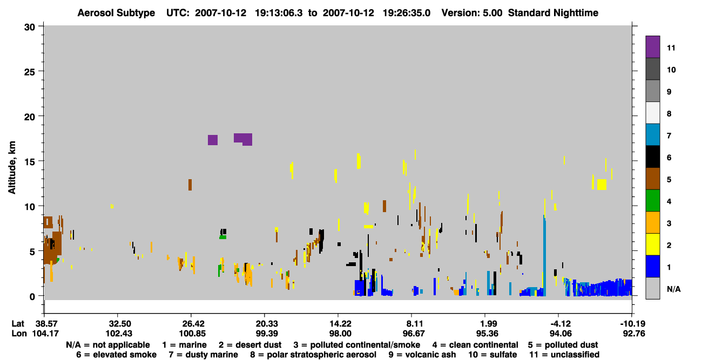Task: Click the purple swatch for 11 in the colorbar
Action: [x=652, y=46]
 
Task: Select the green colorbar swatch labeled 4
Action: [x=652, y=201]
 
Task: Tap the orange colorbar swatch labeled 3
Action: [x=652, y=222]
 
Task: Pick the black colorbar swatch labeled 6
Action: [x=652, y=157]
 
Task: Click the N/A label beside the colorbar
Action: [x=673, y=289]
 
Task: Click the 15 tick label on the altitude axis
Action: [x=30, y=162]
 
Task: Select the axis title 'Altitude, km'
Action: [x=11, y=168]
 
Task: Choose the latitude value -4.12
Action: [x=561, y=323]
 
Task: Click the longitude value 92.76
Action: [x=634, y=334]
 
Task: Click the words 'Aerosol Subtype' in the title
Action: [x=116, y=13]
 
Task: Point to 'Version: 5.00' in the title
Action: [x=472, y=13]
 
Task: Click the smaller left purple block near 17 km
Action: [x=213, y=140]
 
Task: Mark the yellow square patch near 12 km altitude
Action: [x=602, y=185]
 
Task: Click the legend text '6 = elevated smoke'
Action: [x=116, y=355]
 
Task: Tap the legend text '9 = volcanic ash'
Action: [x=422, y=355]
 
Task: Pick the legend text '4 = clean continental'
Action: [x=475, y=345]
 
